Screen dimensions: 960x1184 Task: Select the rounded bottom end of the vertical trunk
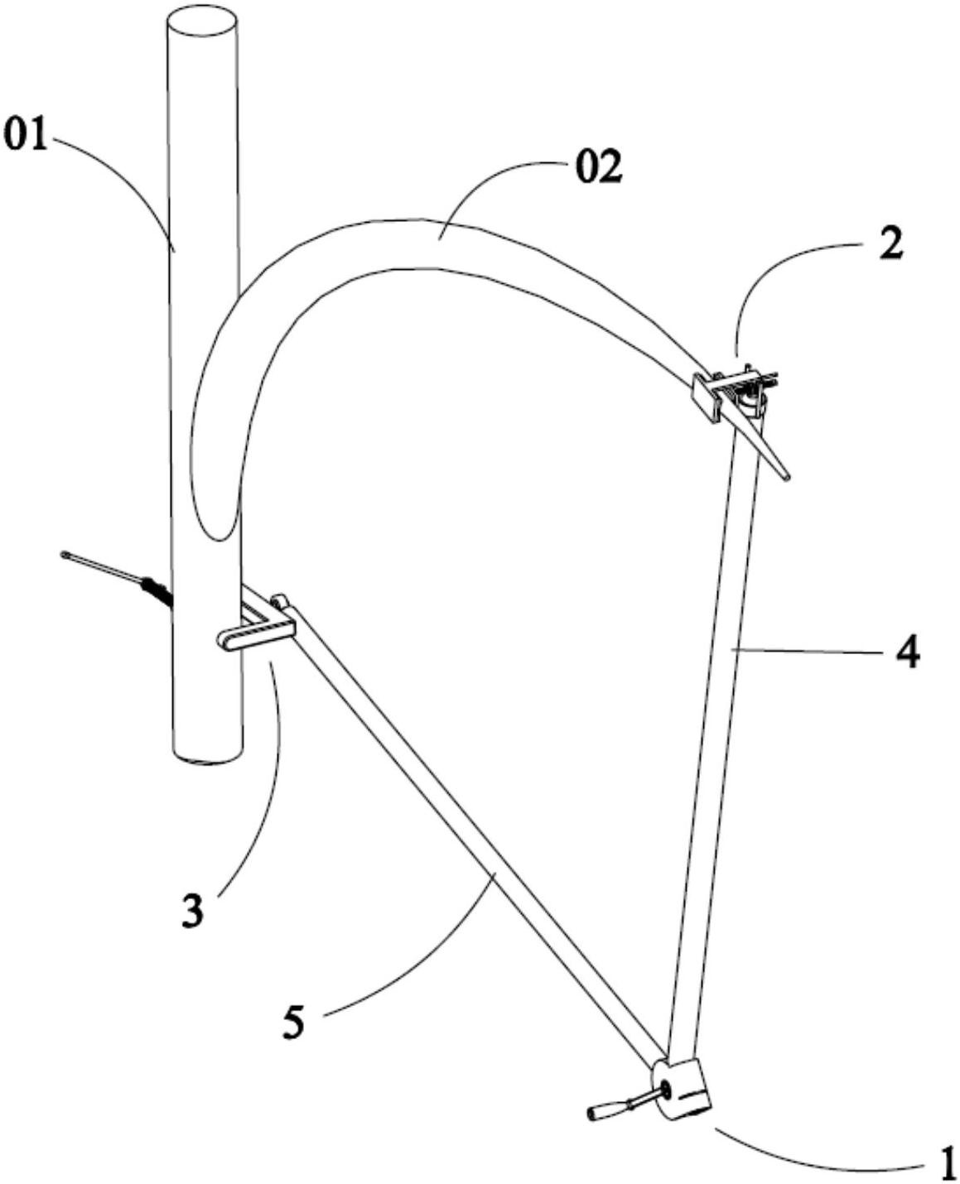point(208,757)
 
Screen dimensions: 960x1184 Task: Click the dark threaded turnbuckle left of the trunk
point(157,593)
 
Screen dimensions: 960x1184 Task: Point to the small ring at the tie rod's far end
point(66,554)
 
